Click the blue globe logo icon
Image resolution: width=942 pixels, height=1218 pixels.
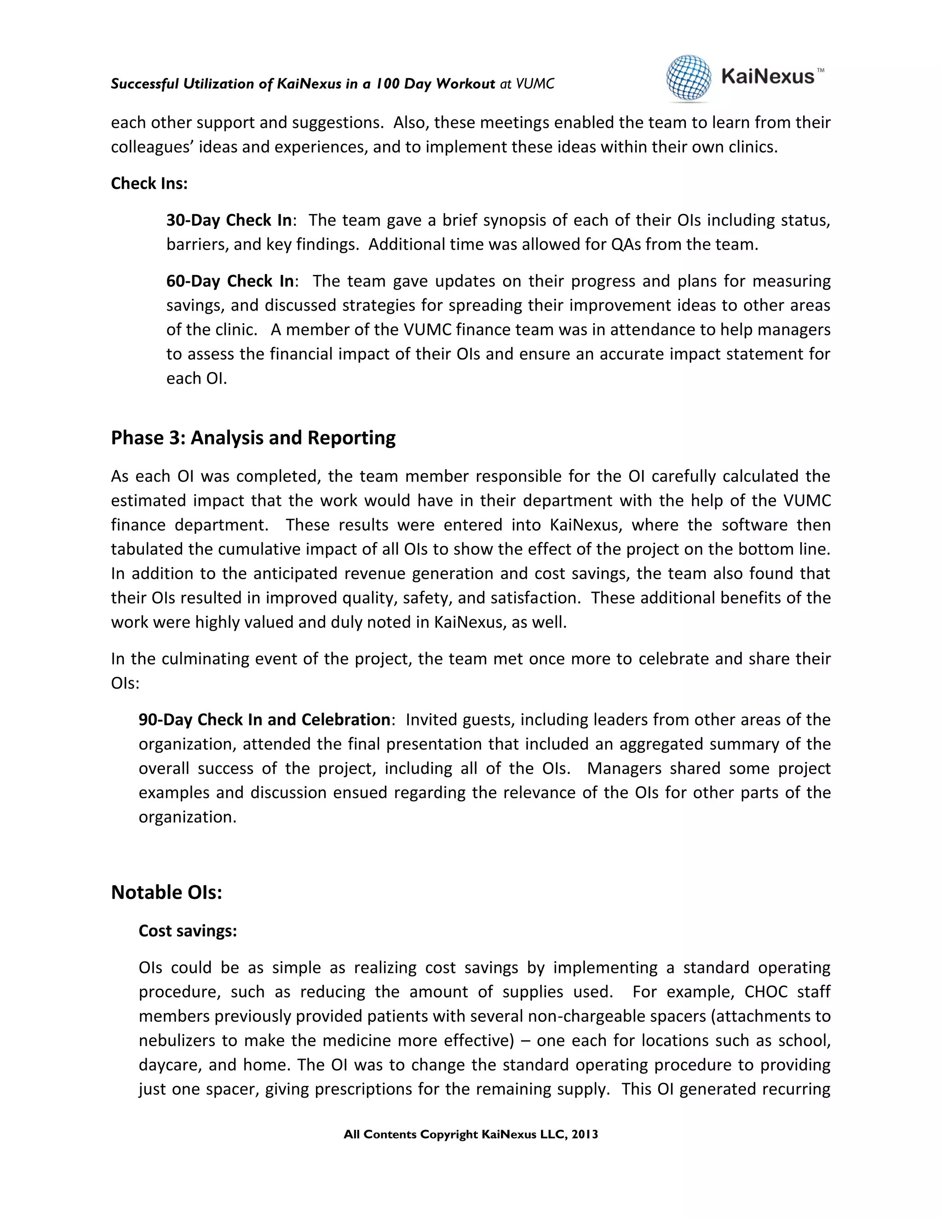(x=689, y=78)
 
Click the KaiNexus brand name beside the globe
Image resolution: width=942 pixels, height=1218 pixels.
(x=767, y=76)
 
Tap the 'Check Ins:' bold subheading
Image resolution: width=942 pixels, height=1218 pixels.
(x=149, y=183)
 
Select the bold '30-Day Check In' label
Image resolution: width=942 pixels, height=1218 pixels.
(x=229, y=220)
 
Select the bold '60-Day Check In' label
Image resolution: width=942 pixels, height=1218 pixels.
(x=230, y=281)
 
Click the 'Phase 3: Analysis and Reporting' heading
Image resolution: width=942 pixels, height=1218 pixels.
(x=253, y=438)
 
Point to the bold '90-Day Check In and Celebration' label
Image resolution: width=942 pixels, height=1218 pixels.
(x=264, y=720)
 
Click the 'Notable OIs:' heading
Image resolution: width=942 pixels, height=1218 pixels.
(x=167, y=892)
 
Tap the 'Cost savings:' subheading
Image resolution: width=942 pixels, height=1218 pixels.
(x=188, y=931)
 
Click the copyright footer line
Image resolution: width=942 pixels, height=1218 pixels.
(x=471, y=1134)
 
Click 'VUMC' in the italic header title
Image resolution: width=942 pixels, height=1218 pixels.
(x=534, y=84)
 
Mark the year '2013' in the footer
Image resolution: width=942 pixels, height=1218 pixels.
(x=584, y=1134)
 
